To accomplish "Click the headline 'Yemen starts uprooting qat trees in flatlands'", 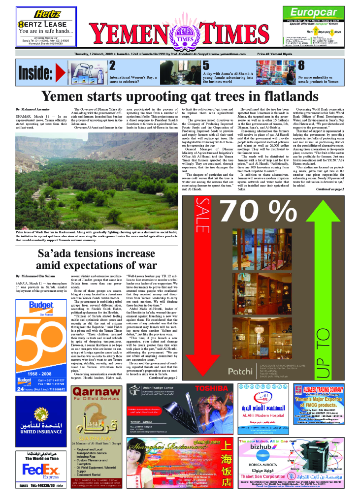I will (180, 95).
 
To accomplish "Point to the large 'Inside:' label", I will (35, 73).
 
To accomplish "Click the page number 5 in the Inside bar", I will (206, 65).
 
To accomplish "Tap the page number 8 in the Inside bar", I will (301, 65).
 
